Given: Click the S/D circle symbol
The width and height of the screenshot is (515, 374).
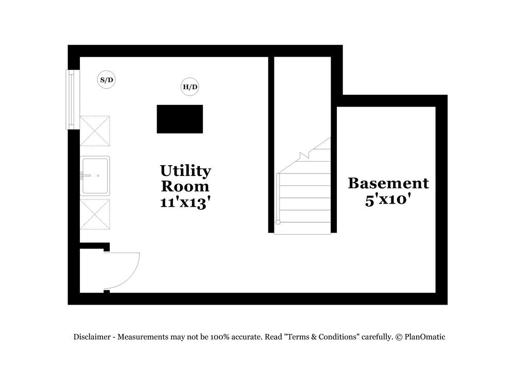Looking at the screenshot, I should [x=107, y=80].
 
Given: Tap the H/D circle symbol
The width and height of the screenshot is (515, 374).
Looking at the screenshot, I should [x=190, y=87].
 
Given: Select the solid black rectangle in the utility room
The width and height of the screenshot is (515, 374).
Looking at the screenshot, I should [x=180, y=119].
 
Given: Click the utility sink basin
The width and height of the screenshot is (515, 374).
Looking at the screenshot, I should [x=95, y=175].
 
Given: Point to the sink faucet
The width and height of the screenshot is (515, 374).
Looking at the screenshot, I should [x=85, y=175].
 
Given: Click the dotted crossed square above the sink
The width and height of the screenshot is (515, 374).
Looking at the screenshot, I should [x=95, y=131].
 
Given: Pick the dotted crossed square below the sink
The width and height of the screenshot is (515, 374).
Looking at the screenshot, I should [x=95, y=215].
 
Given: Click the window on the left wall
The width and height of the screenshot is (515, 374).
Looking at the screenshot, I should [x=71, y=99].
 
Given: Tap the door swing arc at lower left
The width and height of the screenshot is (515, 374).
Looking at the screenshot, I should [x=129, y=270].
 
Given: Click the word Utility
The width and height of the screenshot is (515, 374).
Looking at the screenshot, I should [x=185, y=171].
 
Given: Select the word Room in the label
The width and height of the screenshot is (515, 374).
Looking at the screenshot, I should [x=185, y=186].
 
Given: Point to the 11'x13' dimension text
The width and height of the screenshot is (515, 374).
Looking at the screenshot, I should [x=185, y=202].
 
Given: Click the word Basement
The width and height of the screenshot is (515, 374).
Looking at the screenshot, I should [x=388, y=183].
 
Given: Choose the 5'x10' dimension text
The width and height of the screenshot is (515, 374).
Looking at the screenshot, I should [x=388, y=200].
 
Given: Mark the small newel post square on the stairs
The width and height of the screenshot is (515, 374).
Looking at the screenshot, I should [x=278, y=222].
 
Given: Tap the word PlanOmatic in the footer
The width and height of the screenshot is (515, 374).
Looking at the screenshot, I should [x=425, y=337].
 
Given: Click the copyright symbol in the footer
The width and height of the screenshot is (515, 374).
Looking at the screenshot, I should [x=399, y=337].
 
